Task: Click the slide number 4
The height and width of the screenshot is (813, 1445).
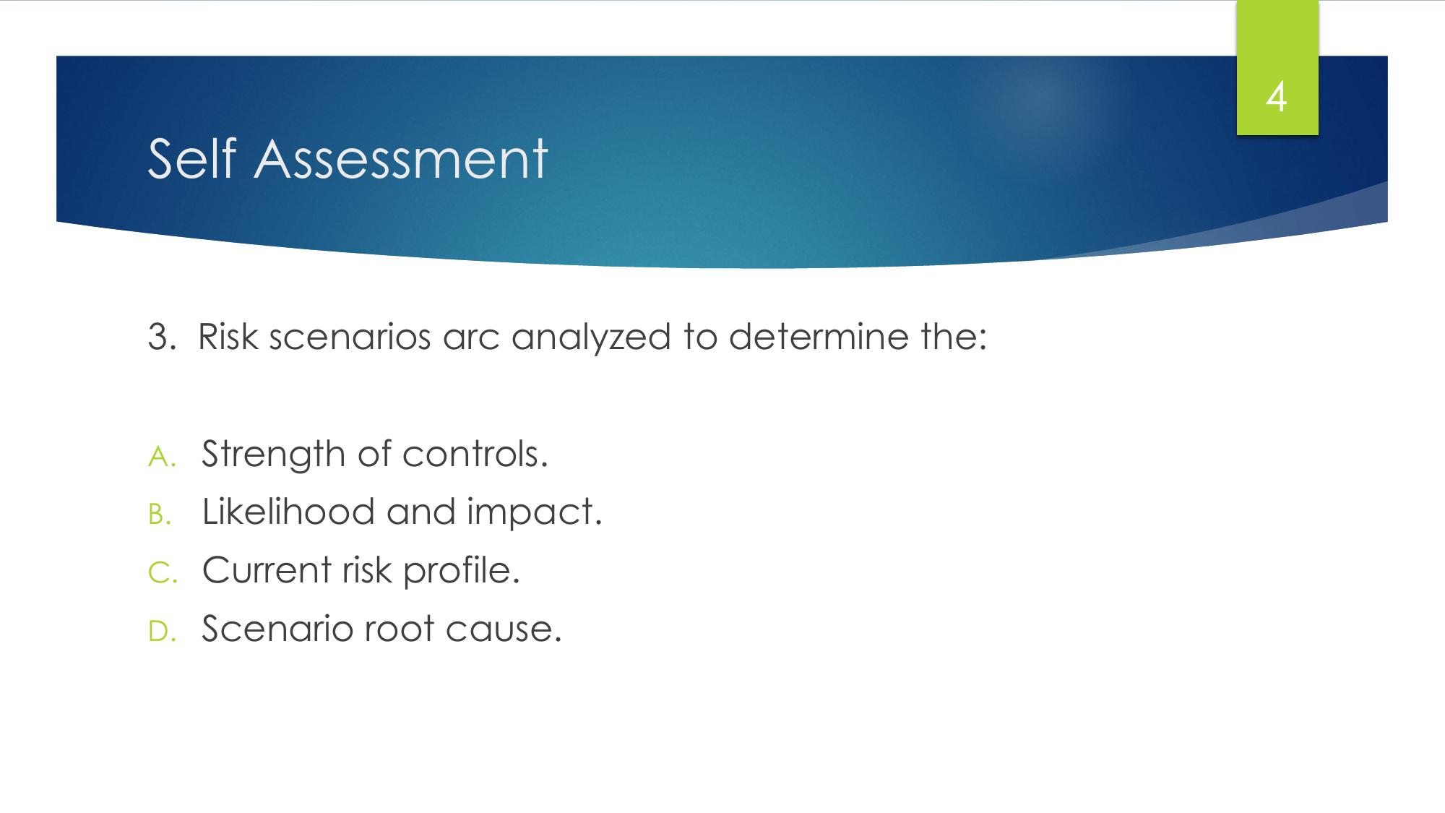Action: pos(1277,98)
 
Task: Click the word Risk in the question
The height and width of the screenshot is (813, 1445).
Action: pos(228,337)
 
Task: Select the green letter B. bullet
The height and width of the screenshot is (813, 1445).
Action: pos(160,515)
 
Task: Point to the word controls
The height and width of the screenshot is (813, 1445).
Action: pos(475,453)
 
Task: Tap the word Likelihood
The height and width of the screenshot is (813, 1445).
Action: pos(288,511)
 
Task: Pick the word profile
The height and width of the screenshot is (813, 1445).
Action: pos(462,571)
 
